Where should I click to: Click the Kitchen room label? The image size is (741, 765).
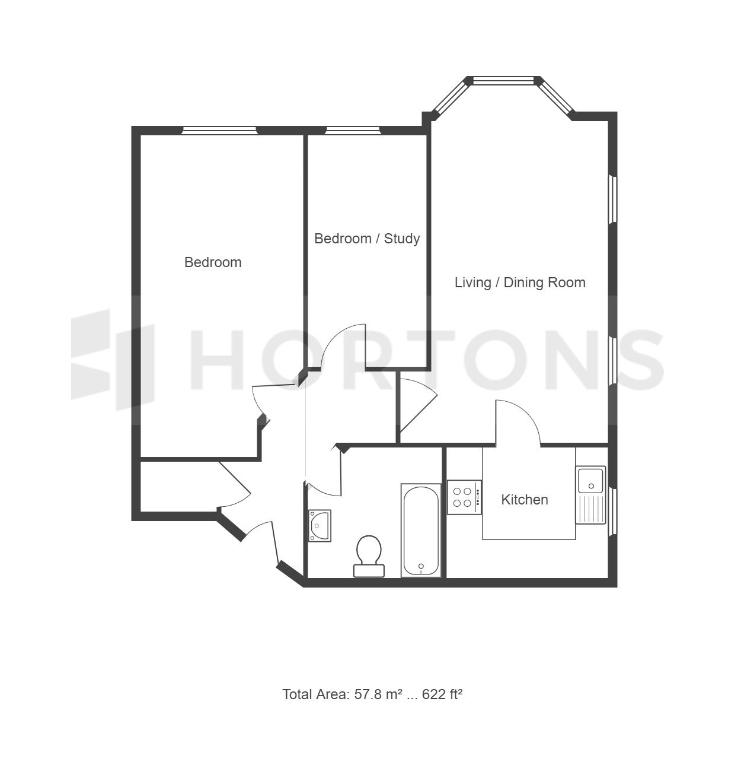524,500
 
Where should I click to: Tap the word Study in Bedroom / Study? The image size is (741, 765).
402,239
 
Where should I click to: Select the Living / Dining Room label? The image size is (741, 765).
520,282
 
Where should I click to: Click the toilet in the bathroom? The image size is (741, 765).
369,556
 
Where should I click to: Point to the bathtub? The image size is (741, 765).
421,531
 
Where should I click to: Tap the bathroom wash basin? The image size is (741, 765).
320,526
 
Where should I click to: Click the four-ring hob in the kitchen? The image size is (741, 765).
464,497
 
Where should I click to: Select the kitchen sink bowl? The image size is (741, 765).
590,480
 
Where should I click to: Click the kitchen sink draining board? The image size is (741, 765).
590,509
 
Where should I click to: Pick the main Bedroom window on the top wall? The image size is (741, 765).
219,130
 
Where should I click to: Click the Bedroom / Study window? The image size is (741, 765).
353,130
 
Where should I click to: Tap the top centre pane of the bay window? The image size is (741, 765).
503,81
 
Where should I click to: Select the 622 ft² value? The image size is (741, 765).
442,694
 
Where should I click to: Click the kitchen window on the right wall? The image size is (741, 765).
612,512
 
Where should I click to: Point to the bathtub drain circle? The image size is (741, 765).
421,566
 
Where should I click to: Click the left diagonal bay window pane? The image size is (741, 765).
451,99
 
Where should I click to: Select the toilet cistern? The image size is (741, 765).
369,571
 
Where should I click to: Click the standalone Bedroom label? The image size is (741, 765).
213,262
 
